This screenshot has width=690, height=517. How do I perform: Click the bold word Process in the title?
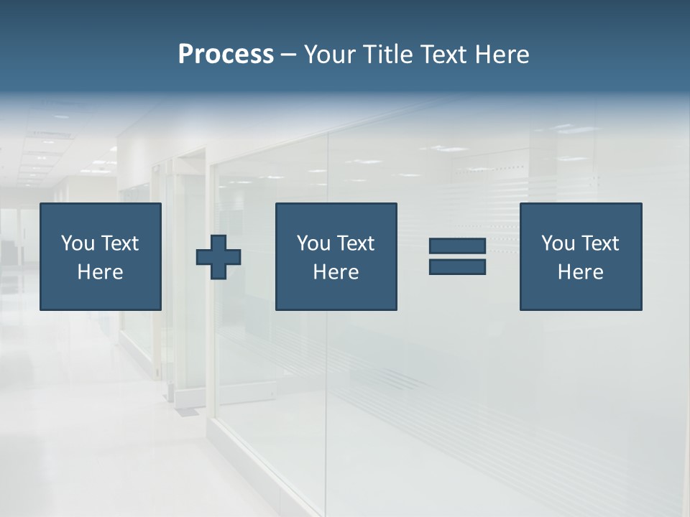point(226,55)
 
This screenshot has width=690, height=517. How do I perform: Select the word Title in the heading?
point(391,55)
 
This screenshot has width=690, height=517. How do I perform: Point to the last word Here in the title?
point(502,55)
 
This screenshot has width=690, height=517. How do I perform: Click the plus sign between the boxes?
point(218,257)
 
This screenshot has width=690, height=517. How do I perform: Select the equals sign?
point(457,256)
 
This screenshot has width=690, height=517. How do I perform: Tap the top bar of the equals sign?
point(457,246)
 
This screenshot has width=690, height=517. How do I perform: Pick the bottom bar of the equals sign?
point(457,266)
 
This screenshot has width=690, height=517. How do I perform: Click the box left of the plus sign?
point(101,256)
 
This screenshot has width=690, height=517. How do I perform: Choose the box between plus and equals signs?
point(336,256)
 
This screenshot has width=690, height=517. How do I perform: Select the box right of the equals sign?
point(581,256)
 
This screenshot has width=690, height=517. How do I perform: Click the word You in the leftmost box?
point(78,243)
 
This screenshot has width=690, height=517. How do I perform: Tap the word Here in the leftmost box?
point(101,272)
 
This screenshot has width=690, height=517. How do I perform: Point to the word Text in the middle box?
point(355,243)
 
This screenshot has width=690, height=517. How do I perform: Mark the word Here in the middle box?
point(336,272)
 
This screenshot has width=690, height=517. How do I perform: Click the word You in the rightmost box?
point(558,243)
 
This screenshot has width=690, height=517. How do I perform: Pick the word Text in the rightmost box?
point(599,243)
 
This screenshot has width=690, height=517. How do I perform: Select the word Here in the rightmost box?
point(581,272)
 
